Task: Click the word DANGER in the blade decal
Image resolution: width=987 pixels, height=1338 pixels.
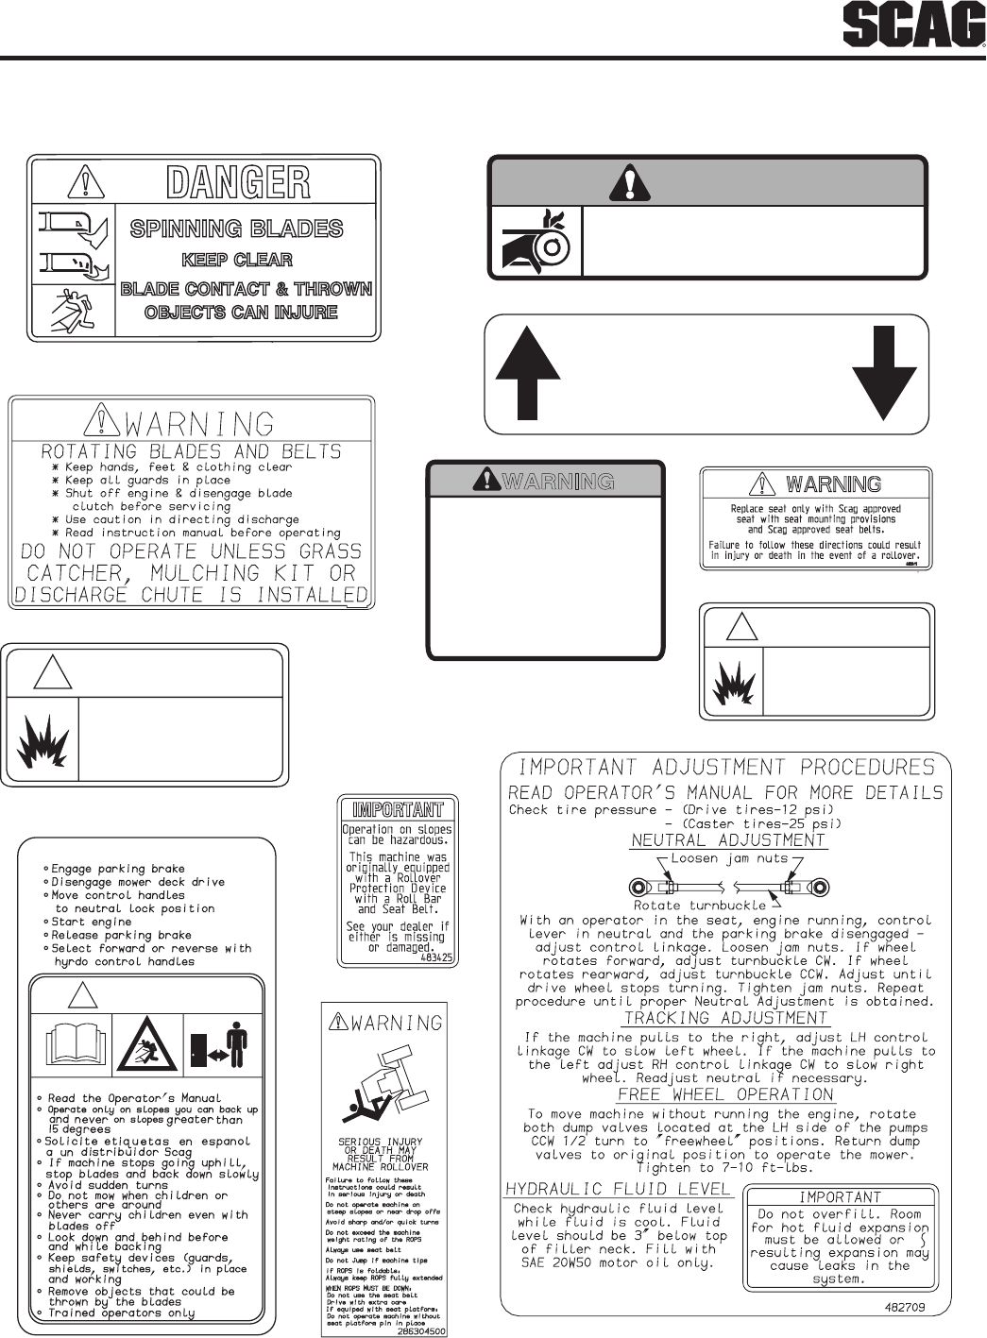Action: [x=238, y=182]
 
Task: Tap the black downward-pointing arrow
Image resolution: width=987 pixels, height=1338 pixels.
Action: [x=884, y=373]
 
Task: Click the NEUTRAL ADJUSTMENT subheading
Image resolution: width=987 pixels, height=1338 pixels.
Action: [x=727, y=839]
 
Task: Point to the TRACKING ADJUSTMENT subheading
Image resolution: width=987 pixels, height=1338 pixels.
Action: [x=725, y=1018]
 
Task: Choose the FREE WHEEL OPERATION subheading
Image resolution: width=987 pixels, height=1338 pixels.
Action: [x=725, y=1094]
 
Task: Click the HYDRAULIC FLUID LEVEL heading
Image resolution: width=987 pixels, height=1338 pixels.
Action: [x=618, y=1188]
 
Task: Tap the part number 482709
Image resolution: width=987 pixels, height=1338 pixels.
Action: [x=905, y=1308]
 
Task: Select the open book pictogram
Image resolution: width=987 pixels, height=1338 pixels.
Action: [x=71, y=1042]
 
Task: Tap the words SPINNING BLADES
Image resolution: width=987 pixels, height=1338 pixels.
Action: [x=236, y=229]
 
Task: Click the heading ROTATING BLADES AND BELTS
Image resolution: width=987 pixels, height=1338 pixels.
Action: [x=191, y=451]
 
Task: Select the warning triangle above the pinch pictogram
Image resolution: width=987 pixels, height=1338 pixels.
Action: [x=623, y=181]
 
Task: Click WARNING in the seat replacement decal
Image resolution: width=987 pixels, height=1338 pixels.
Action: [x=833, y=484]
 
